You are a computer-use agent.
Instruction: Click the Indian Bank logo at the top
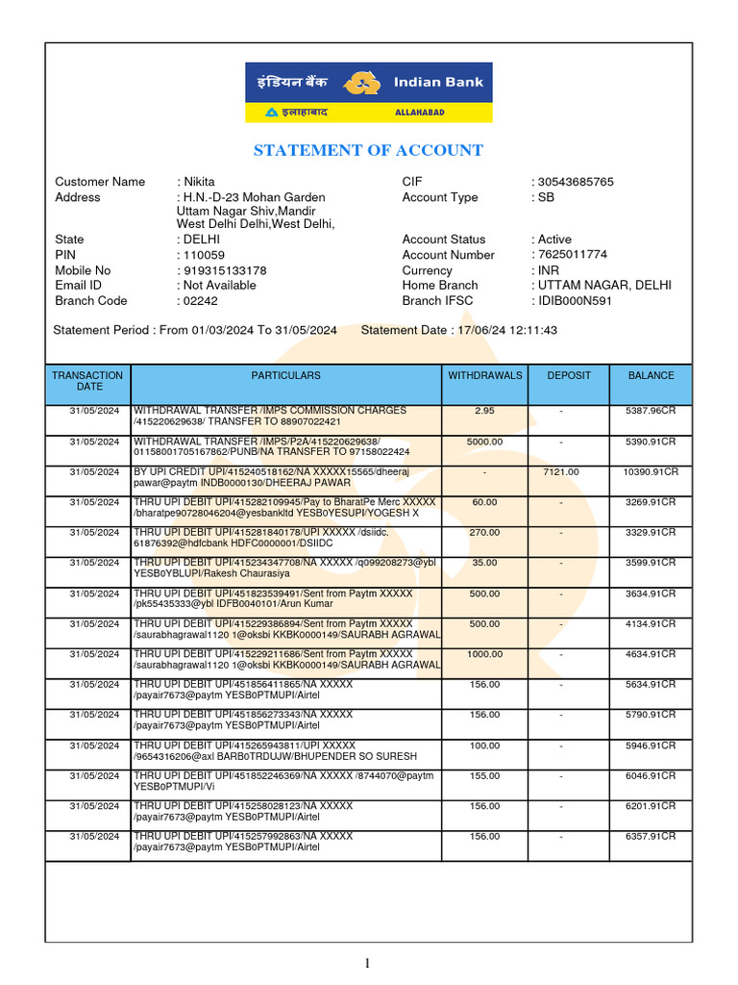tap(368, 92)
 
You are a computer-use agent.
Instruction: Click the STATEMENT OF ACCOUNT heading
tap(368, 150)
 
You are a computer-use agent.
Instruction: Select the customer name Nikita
tap(199, 182)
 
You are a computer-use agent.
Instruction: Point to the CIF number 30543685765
tap(576, 182)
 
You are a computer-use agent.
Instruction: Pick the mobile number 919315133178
tap(225, 270)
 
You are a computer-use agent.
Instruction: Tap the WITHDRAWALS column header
tap(484, 375)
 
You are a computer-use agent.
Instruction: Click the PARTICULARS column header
tap(285, 375)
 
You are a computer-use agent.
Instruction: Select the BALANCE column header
tap(651, 375)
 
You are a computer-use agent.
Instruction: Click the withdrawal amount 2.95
tap(484, 411)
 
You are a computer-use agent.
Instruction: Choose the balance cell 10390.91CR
tap(651, 471)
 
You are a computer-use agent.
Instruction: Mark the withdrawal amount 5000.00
tap(484, 442)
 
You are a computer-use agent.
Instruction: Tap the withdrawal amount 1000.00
tap(484, 654)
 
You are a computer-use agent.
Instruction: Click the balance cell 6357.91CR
tap(651, 837)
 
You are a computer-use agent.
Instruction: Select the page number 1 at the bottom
tap(368, 963)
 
